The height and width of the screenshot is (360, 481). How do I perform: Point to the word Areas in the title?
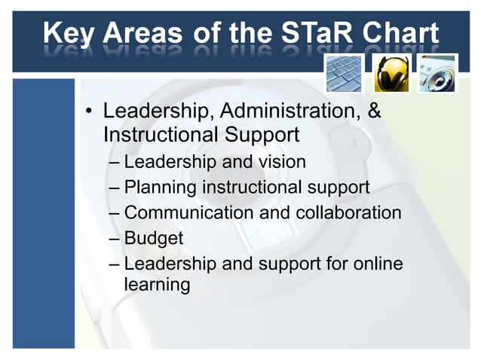coord(143,33)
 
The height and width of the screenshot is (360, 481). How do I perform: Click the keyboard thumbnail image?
coord(345,73)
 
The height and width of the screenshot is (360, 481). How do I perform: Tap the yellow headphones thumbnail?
coord(392,73)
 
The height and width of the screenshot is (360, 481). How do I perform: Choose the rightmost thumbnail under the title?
coord(438,73)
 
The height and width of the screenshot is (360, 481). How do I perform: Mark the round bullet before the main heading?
coord(89,113)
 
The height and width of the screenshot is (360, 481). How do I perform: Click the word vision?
coord(282,161)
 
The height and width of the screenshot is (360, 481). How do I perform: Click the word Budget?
coord(153,238)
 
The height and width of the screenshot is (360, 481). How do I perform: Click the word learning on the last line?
coord(157,285)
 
